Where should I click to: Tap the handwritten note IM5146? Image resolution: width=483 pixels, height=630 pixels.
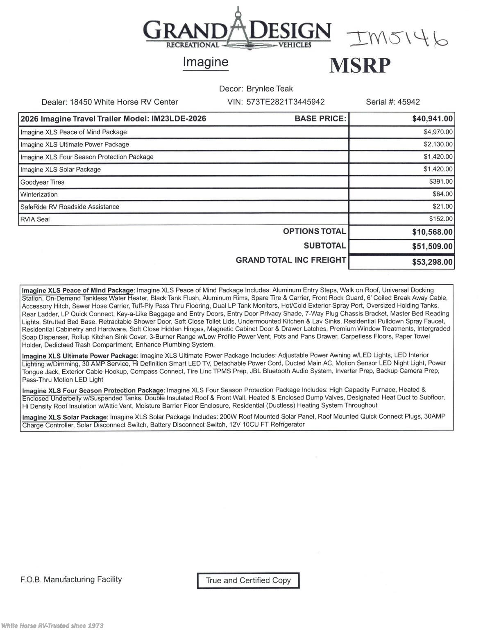point(397,39)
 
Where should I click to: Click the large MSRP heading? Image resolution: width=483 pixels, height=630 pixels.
point(360,66)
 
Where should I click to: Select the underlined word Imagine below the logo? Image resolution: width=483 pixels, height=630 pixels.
point(205,62)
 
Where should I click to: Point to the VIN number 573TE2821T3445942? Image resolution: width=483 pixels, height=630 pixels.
point(286,102)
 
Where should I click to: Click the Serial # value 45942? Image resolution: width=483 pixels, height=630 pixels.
point(408,102)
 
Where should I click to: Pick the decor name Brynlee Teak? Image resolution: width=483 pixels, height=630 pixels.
point(270,89)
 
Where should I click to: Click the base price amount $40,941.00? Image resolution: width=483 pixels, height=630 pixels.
point(432,119)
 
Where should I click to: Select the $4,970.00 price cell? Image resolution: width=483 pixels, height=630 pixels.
point(438,132)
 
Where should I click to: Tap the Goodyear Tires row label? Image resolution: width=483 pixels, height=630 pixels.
point(42,182)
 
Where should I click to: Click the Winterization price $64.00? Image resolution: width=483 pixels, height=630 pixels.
point(442,194)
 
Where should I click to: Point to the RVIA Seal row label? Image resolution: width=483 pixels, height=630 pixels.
point(35,219)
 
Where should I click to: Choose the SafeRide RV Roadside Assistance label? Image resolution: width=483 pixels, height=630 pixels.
point(70,207)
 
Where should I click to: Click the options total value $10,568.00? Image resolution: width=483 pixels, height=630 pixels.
point(432,232)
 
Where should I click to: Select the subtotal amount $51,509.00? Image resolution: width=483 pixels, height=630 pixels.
point(432,247)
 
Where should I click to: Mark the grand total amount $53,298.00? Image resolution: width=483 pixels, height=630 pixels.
point(432,262)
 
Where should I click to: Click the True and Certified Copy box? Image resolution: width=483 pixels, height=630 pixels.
point(248,580)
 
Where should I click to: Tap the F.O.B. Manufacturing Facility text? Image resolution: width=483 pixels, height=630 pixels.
point(71,580)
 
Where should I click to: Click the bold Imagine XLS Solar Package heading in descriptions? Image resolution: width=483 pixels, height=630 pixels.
point(64,418)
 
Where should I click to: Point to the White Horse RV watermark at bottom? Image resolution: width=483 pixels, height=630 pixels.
point(52,625)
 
